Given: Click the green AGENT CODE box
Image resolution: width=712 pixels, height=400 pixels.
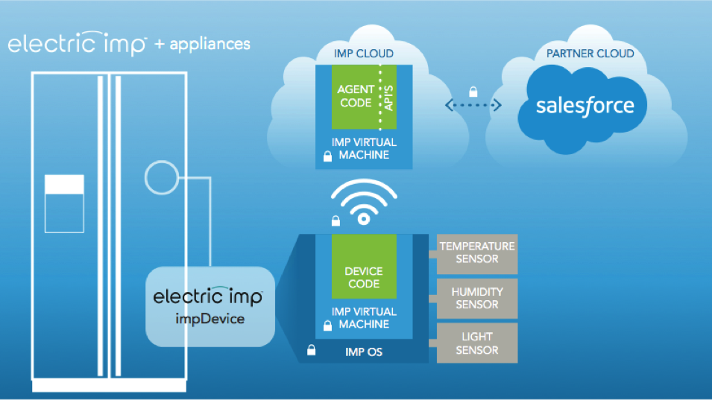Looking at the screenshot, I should tap(356, 97).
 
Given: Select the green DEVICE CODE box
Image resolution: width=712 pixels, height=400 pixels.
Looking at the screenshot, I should tap(363, 277).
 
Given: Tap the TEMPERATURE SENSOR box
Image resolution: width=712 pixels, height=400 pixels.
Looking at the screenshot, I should tap(476, 253).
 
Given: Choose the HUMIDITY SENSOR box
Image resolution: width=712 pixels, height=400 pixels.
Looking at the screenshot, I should tap(476, 298).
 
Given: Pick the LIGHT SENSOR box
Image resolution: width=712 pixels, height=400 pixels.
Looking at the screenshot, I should tap(476, 343).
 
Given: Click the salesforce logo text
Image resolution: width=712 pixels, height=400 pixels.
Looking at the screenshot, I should tap(585, 105).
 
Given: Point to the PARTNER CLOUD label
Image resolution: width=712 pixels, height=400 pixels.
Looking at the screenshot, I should tap(589, 54).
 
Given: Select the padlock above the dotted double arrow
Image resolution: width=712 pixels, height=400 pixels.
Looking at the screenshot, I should tap(473, 92).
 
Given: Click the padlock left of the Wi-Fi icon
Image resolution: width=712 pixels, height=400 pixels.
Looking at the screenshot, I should tap(335, 220).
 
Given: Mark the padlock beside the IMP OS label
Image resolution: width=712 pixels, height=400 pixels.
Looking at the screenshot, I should tap(310, 351).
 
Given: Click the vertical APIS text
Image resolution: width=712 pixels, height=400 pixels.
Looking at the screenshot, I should tap(387, 98).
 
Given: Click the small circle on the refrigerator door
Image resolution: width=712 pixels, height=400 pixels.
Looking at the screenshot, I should tap(161, 178).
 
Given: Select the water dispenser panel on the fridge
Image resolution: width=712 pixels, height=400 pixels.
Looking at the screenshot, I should tap(65, 203).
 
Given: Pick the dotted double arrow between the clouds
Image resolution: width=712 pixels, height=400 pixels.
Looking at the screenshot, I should tap(473, 107).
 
